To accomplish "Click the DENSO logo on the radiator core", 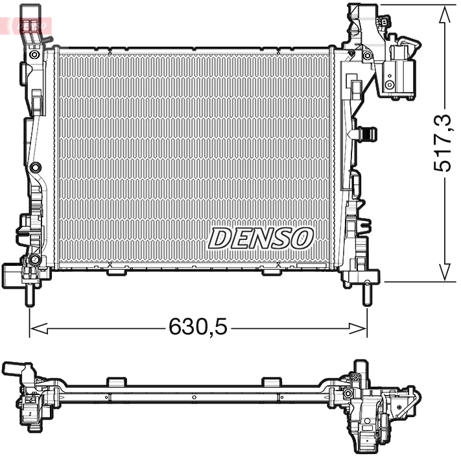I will pos(261,238).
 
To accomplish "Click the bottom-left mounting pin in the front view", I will pos(30,293).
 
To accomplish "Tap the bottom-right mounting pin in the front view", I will pos(367,293).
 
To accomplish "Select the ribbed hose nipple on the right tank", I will pos(368,134).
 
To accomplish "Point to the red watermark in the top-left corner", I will pos(25,25).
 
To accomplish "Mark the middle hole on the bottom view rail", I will pos(194,398).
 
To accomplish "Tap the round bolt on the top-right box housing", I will pos(389,85).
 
